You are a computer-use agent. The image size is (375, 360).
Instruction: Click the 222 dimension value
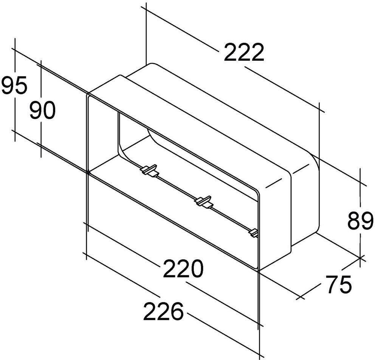pos(243,53)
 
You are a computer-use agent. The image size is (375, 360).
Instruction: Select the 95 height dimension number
pos(14,86)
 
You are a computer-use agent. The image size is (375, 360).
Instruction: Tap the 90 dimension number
pos(42,111)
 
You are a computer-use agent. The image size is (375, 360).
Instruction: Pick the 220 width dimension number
pos(183,269)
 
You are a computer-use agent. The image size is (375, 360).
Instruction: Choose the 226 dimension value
pos(163,312)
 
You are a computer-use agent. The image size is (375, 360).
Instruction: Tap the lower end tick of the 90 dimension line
pos(41,145)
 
